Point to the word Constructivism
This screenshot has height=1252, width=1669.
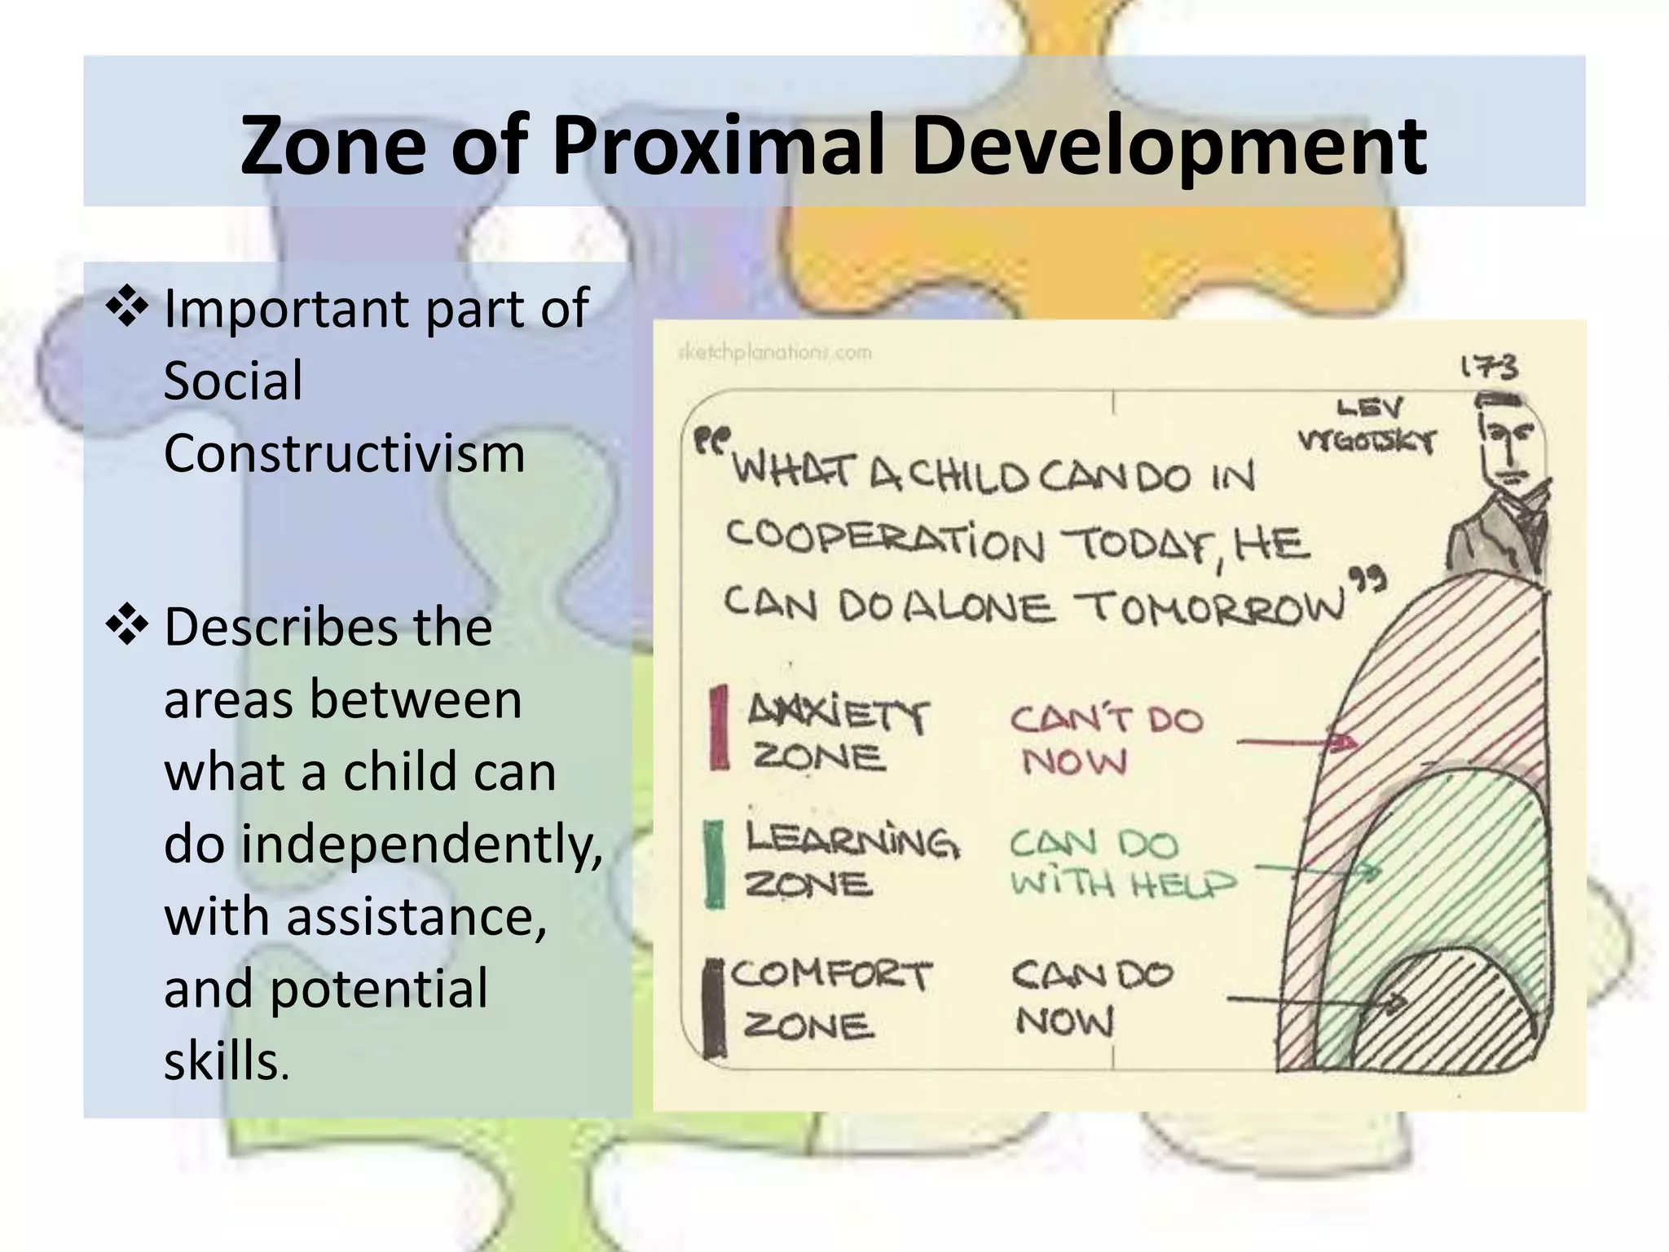(344, 453)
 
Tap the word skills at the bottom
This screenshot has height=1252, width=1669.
(222, 1061)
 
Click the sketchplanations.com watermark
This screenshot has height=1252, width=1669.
(774, 353)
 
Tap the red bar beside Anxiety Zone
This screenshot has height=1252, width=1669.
(718, 727)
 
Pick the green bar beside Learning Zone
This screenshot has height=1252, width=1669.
(714, 864)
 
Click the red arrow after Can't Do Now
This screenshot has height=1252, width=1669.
(1296, 742)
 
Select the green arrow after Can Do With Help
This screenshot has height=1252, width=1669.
(1320, 871)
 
